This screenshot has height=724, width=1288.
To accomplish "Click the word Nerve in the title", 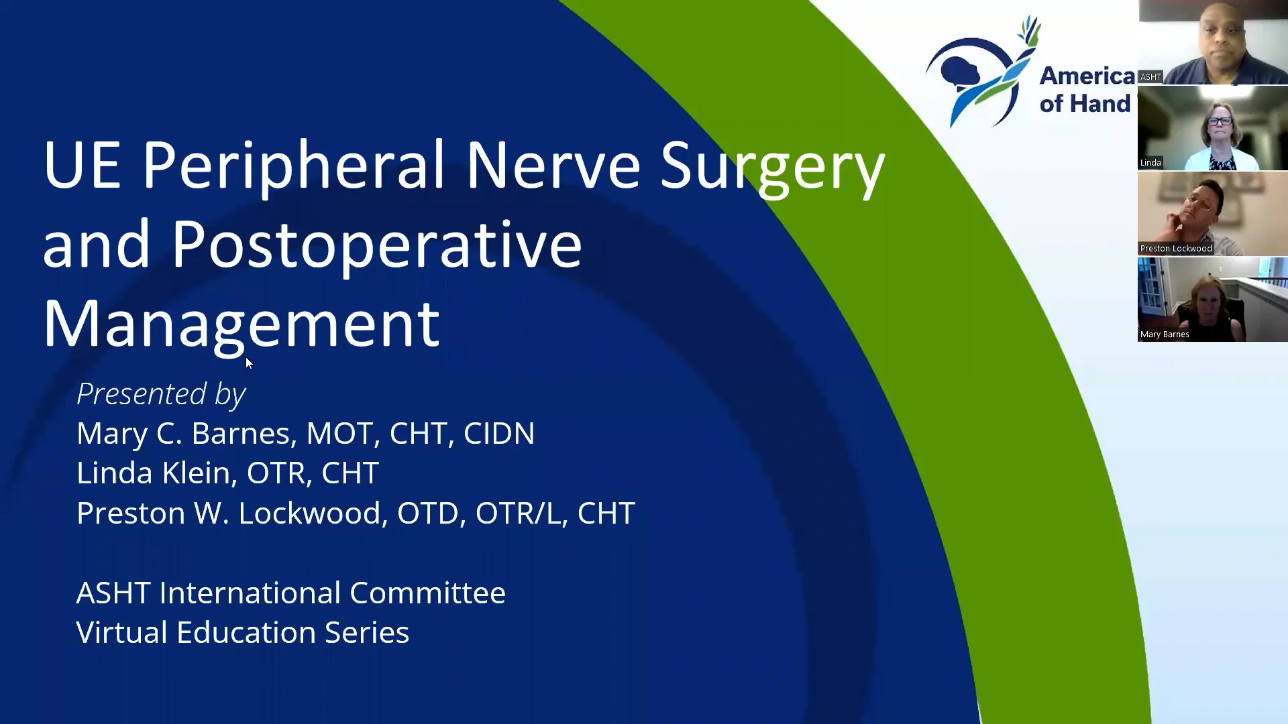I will [553, 165].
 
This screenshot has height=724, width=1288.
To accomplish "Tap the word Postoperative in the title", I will [376, 245].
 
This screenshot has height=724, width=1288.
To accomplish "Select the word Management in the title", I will [241, 324].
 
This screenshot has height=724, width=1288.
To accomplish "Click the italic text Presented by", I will [161, 394].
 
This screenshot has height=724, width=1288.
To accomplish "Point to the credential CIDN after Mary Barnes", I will [498, 434].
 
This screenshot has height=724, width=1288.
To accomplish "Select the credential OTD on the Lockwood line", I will [427, 514].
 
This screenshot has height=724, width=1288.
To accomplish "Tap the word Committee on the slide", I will [427, 593].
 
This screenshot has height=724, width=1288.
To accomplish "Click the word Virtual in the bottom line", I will [121, 632].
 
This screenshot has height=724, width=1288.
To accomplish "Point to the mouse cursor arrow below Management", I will [249, 363].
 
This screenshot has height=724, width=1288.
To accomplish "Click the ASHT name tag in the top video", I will [1150, 77].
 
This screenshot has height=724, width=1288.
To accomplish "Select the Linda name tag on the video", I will [1150, 163].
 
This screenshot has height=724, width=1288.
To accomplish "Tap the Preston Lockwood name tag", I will [1175, 249].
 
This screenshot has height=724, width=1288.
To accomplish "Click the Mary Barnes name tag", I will [1165, 335].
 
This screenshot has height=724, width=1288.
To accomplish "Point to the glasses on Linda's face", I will [1219, 122].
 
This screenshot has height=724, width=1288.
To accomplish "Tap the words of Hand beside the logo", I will [1085, 104].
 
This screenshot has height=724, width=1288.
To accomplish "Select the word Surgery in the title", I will [771, 166].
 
